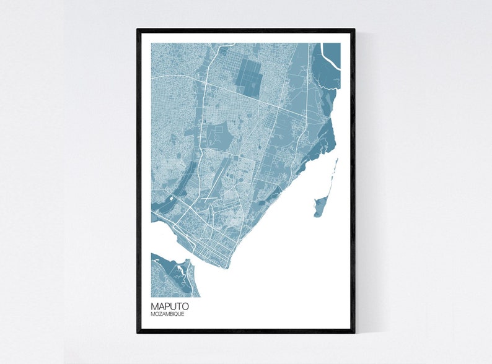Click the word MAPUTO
point(169,306)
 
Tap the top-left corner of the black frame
point(138,30)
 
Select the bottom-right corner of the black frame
point(354,332)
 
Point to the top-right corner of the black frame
point(354,30)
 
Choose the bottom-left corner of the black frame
point(138,332)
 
